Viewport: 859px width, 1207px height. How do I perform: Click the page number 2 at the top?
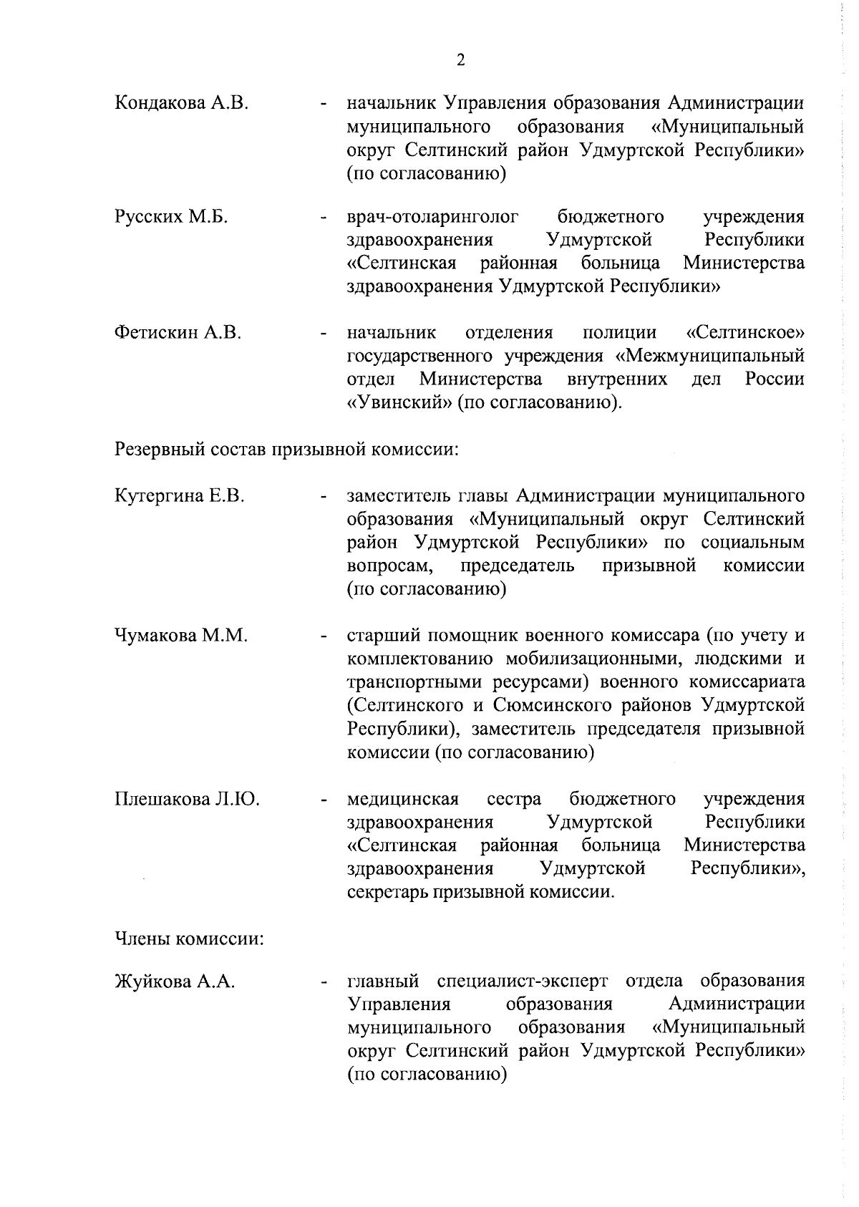click(460, 60)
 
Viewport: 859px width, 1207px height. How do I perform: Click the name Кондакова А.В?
click(181, 103)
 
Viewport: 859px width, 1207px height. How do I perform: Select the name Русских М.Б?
click(171, 216)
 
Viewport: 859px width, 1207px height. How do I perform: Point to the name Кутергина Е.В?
click(180, 495)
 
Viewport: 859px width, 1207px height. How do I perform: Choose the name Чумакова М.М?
click(181, 635)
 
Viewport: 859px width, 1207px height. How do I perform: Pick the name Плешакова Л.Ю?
click(187, 798)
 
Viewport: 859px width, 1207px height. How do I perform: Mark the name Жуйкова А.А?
click(175, 981)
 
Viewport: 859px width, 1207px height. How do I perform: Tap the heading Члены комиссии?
click(190, 938)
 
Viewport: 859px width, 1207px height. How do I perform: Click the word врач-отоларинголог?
click(432, 216)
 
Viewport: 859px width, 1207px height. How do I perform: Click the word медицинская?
click(402, 798)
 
